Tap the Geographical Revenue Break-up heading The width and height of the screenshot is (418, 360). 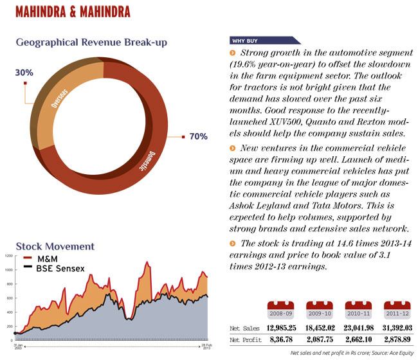click(92, 43)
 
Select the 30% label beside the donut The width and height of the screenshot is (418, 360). click(23, 73)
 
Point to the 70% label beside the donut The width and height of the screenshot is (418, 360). click(198, 137)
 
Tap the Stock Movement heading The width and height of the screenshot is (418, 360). click(55, 246)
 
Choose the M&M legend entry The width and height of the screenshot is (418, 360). click(48, 258)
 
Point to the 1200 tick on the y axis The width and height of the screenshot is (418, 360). click(8, 256)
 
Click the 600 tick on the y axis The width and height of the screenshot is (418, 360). click(8, 298)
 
